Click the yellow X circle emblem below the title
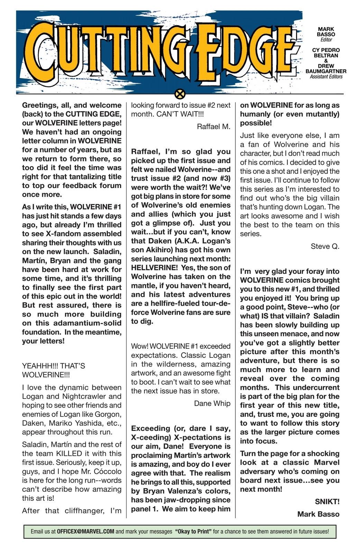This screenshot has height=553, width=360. click(180, 94)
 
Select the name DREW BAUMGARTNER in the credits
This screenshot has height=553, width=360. click(326, 68)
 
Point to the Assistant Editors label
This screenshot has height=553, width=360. click(326, 77)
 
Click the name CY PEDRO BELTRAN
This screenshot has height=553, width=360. click(326, 53)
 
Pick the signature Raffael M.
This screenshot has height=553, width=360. click(213, 126)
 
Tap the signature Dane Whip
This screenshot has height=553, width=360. click(212, 403)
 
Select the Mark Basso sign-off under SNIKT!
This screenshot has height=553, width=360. click(318, 514)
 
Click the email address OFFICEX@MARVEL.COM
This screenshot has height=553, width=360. click(85, 532)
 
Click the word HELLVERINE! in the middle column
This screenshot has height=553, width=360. click(154, 268)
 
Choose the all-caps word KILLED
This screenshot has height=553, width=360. click(69, 453)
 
